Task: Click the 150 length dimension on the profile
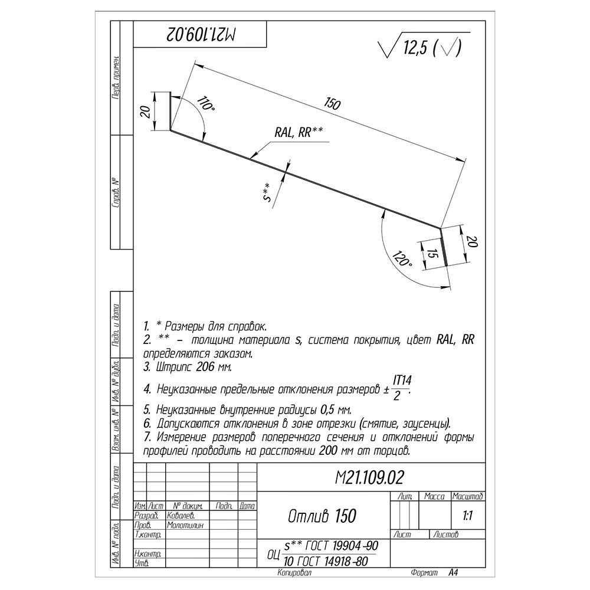(x=332, y=104)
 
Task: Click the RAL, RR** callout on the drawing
(x=299, y=133)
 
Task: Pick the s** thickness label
(x=267, y=194)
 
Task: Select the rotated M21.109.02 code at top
(x=201, y=34)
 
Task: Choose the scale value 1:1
(x=467, y=516)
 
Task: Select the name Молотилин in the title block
(x=186, y=525)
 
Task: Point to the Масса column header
(x=434, y=497)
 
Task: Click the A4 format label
(x=453, y=573)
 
